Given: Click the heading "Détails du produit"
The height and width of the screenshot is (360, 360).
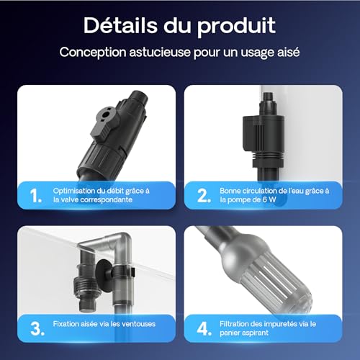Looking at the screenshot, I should point(179,26).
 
